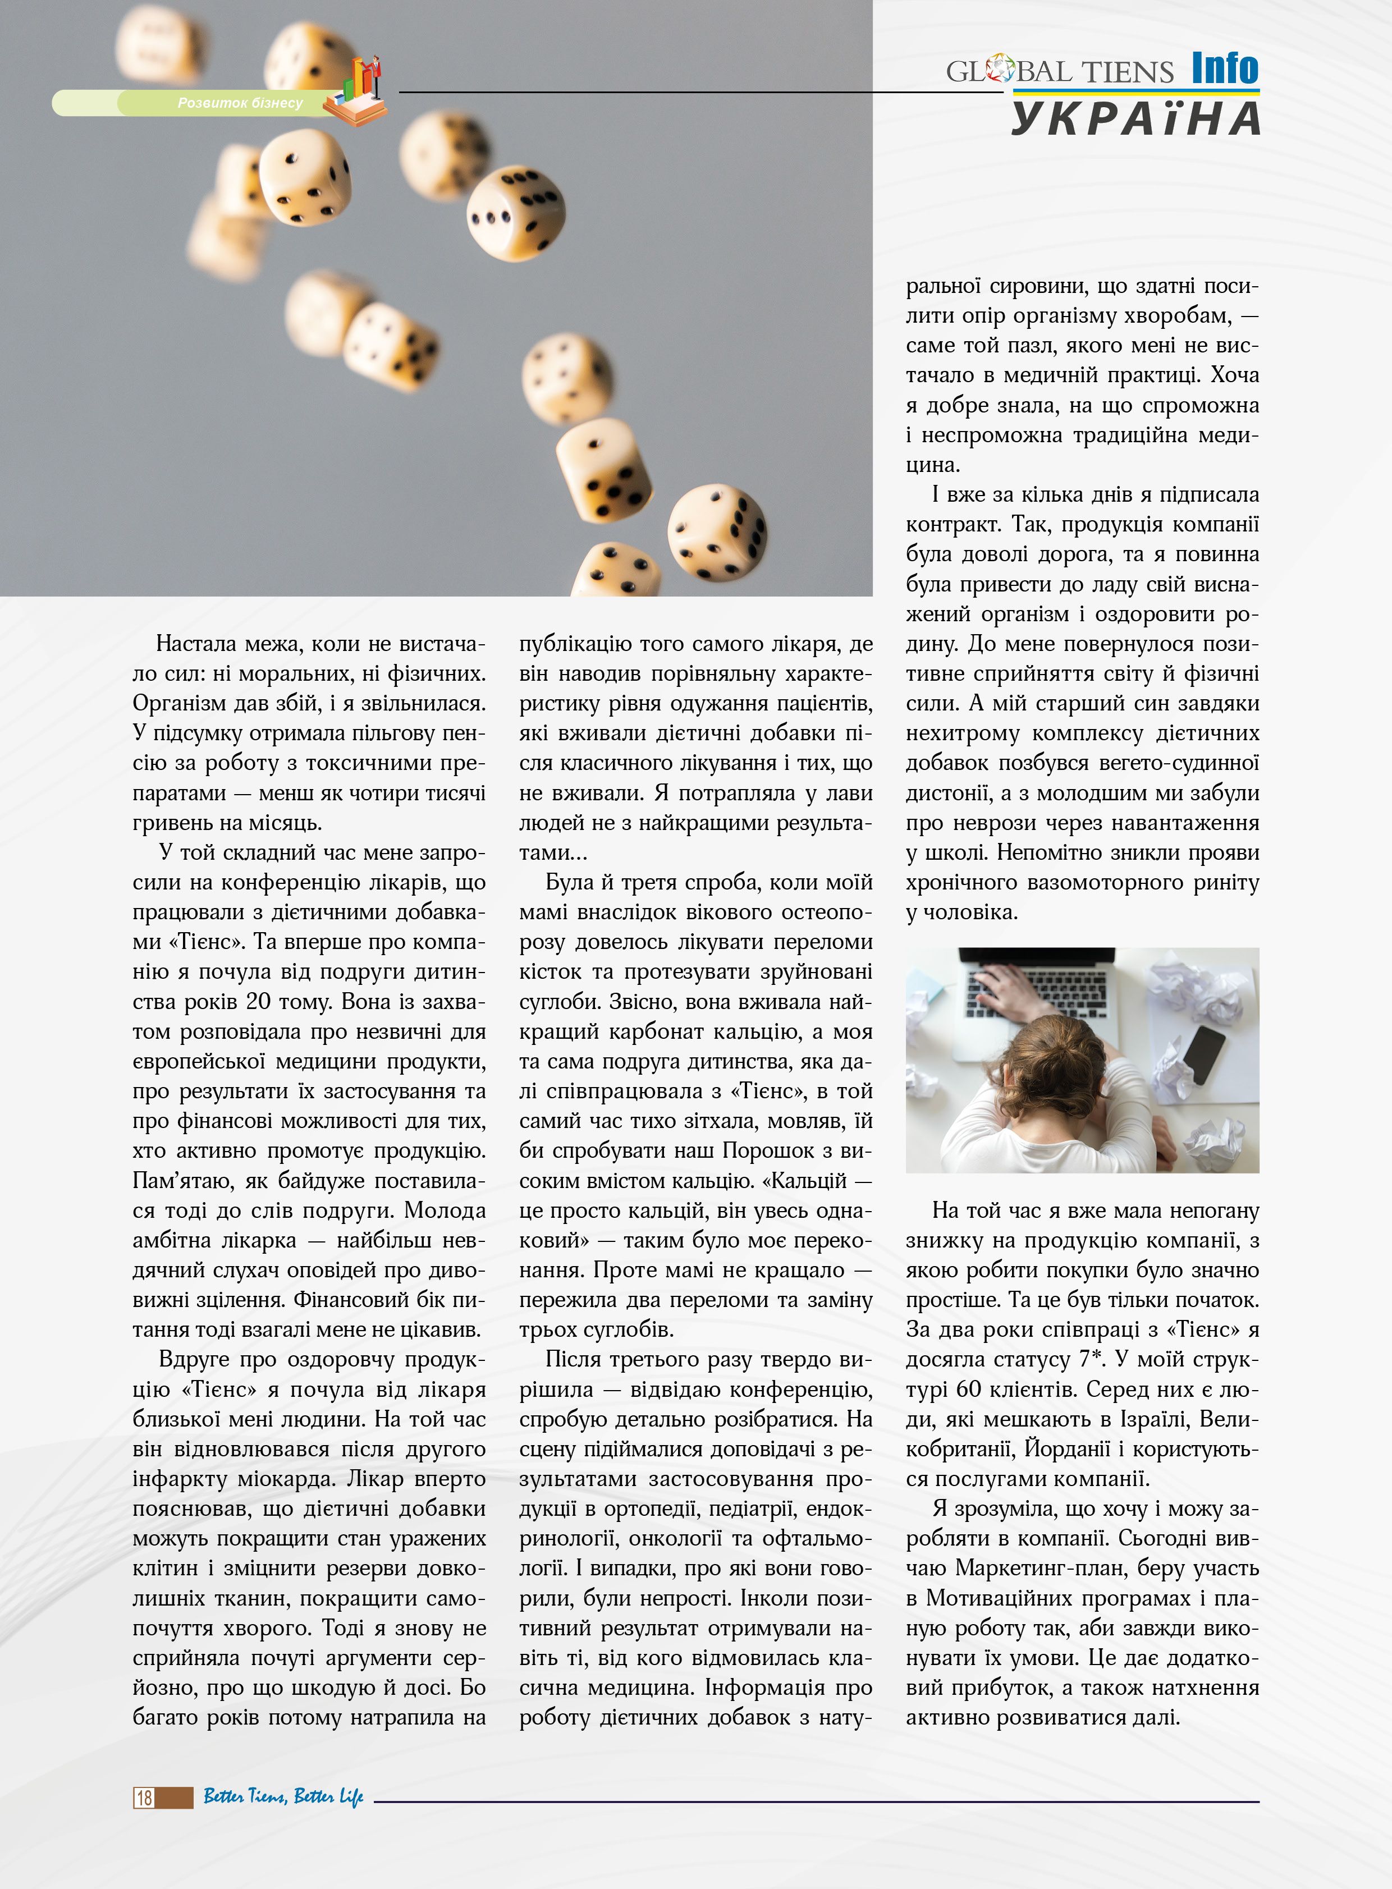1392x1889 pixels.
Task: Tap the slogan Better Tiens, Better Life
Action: coord(283,1796)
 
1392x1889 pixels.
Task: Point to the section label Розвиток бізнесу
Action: coord(240,103)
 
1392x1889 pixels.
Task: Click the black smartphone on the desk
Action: coord(1204,1054)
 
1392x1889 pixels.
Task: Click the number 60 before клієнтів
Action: coord(970,1390)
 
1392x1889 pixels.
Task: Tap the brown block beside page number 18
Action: coord(175,1797)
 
